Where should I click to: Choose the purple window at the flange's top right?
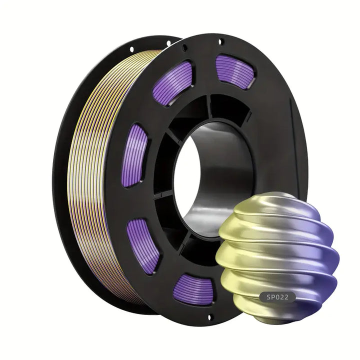pos(234,71)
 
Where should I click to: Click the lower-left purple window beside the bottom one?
pos(143,245)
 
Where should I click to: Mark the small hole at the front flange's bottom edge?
pos(210,316)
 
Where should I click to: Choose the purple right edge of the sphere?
pos(332,255)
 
